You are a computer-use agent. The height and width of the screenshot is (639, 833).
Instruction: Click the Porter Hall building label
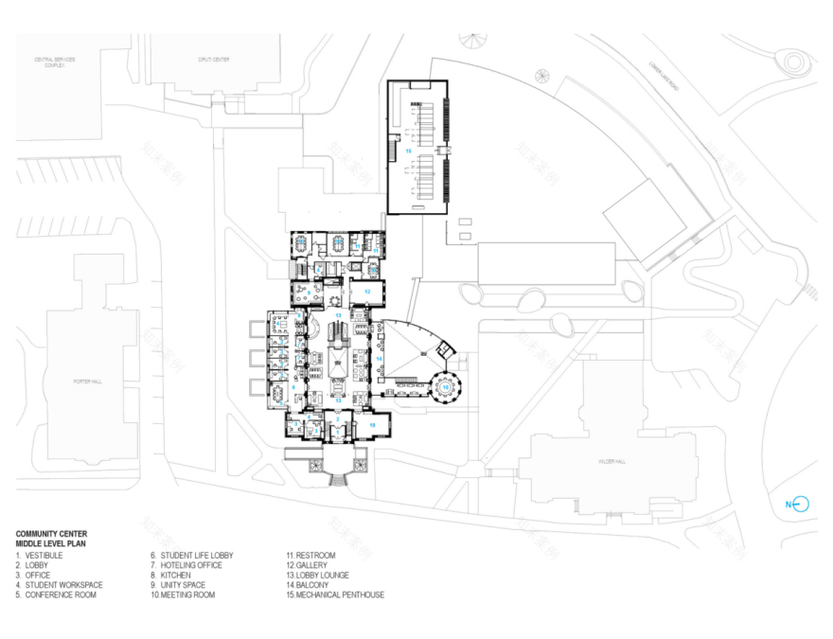coord(86,381)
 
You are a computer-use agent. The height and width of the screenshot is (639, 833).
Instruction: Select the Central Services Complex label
coord(55,62)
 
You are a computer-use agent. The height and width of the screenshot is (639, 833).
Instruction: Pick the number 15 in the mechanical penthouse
coord(409,150)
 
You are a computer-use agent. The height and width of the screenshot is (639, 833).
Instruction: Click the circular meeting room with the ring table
coord(444,386)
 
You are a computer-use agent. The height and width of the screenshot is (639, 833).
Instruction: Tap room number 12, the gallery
coord(365,293)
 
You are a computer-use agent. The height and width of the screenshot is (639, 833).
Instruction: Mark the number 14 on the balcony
coord(378,359)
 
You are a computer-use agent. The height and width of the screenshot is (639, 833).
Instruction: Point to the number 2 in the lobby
coord(337,417)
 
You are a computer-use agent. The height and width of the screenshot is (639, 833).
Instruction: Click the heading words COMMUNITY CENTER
coord(51,534)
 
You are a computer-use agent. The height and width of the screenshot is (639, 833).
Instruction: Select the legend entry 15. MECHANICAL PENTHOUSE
coord(335,595)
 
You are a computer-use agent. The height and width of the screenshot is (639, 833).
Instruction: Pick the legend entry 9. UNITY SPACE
coord(177,585)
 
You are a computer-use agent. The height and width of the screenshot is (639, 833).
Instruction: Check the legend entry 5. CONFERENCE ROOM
coord(56,595)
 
